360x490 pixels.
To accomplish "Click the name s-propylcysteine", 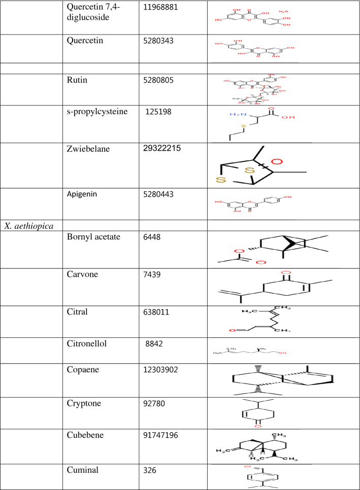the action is [x=99, y=112].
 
